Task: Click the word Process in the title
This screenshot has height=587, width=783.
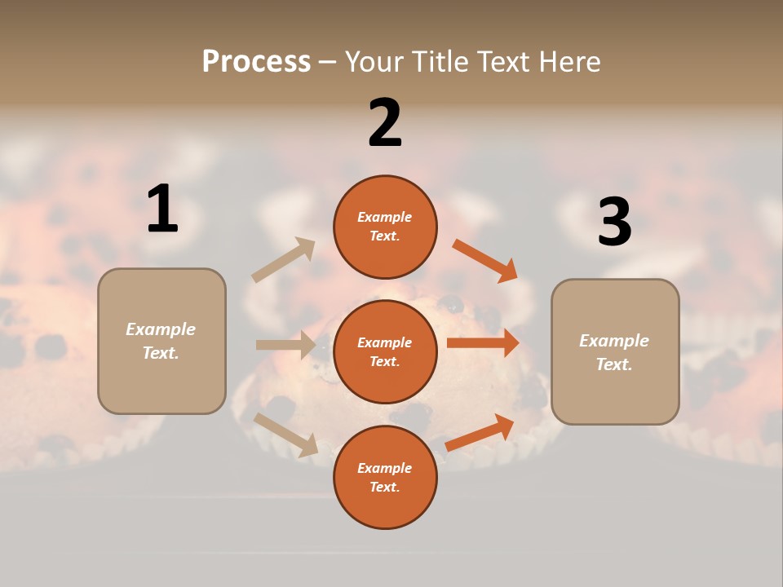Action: (256, 62)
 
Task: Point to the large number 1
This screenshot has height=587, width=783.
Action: (162, 210)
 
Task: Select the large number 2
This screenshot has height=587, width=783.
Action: (385, 123)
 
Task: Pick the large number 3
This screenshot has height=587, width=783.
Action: (614, 223)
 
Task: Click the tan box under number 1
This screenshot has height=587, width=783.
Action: (161, 341)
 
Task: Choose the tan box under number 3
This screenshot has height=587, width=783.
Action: (615, 352)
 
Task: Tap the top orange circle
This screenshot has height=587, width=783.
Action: (385, 227)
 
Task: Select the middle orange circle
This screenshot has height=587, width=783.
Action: (385, 351)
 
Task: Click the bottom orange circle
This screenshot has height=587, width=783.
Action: (385, 477)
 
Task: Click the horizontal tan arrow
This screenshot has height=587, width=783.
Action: (286, 345)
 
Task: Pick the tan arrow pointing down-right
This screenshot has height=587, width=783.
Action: (286, 434)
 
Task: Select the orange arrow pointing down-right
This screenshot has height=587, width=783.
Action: (485, 260)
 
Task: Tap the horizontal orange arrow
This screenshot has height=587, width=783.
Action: (483, 342)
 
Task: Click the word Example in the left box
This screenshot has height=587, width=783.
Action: (161, 329)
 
